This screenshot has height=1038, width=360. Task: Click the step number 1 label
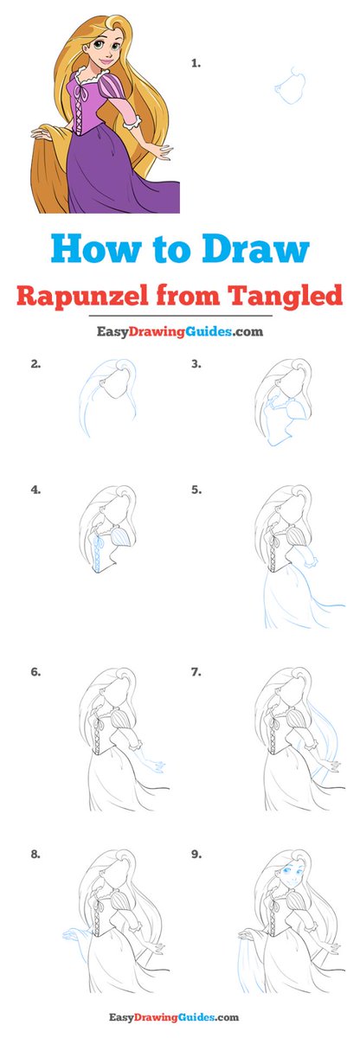click(196, 64)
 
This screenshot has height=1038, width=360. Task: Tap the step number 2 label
click(35, 364)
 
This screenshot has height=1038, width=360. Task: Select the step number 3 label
click(196, 364)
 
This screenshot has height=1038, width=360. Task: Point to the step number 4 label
click(35, 490)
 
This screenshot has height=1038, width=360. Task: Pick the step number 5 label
click(196, 490)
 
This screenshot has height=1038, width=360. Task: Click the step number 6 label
click(35, 672)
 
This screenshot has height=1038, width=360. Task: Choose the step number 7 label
click(196, 672)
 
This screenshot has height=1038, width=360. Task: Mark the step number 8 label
click(35, 854)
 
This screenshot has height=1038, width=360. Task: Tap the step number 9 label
click(196, 854)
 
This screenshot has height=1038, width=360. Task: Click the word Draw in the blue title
click(255, 249)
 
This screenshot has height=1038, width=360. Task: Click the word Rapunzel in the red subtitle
click(82, 295)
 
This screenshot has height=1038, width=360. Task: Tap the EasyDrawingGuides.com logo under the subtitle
click(180, 332)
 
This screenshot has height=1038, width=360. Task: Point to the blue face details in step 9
click(290, 875)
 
